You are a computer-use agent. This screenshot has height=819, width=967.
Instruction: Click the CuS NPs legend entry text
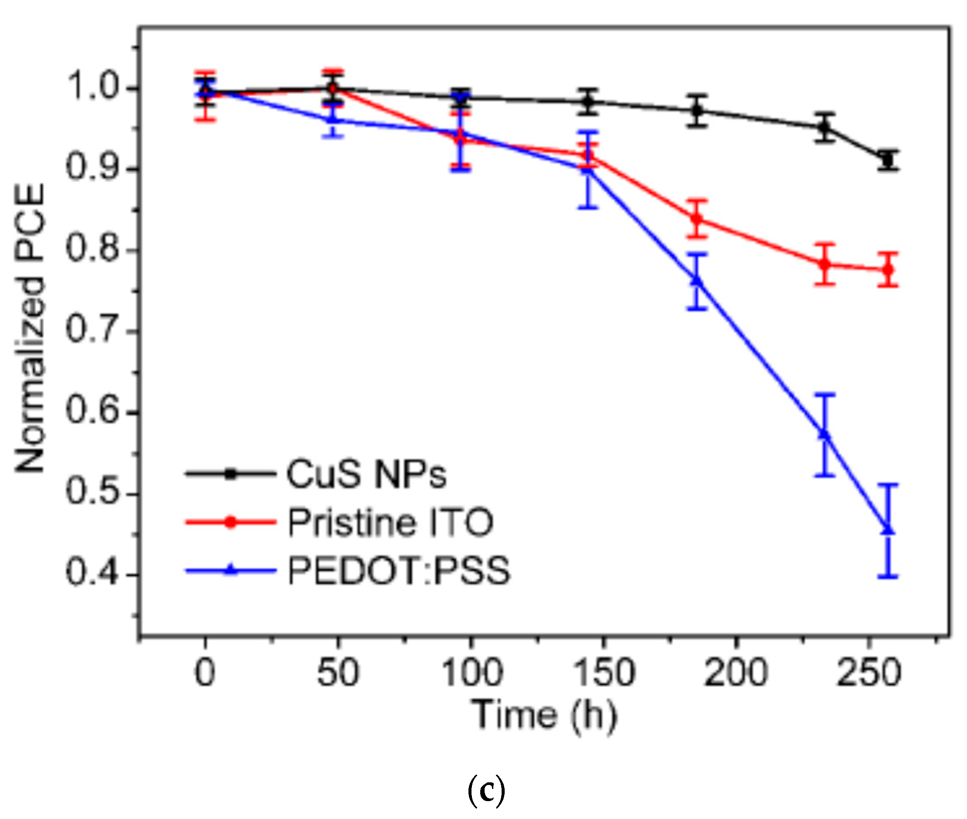[x=366, y=474]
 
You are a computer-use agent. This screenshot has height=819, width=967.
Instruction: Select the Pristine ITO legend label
[x=390, y=522]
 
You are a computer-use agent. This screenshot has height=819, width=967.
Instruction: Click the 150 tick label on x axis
[x=604, y=673]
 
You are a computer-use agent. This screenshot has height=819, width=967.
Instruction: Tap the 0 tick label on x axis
[x=205, y=673]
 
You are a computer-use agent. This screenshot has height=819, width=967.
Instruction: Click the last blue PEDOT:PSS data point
[x=888, y=530]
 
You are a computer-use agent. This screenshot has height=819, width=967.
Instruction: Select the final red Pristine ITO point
[x=888, y=270]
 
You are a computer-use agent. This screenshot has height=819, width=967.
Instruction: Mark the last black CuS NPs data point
[x=888, y=161]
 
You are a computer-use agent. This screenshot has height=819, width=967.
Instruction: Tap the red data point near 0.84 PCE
[x=697, y=219]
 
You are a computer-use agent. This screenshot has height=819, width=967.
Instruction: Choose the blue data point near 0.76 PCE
[x=697, y=281]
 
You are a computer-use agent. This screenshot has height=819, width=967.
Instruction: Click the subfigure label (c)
[x=486, y=790]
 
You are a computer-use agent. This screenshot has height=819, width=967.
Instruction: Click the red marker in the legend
[x=231, y=522]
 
